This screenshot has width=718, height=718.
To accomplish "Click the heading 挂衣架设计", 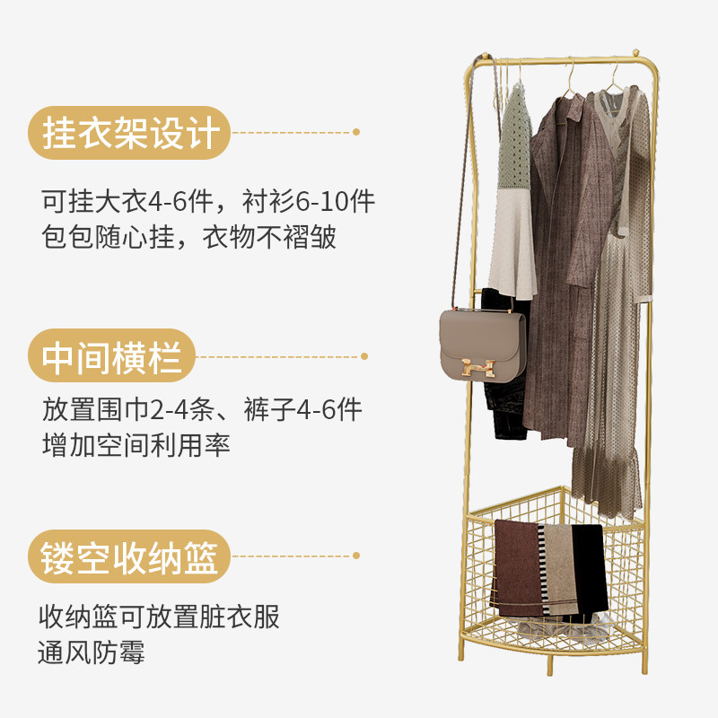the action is click(x=131, y=134).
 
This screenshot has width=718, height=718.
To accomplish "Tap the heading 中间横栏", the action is click(x=113, y=357).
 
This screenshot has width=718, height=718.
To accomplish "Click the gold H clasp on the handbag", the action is click(x=478, y=365).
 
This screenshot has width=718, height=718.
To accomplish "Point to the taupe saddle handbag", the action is click(x=480, y=346).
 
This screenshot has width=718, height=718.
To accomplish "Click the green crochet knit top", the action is click(x=515, y=144).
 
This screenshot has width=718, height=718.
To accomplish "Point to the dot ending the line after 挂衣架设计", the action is click(x=356, y=132).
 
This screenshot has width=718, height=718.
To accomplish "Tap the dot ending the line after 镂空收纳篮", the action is click(x=356, y=556).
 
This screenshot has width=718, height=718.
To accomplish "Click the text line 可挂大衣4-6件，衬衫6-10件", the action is click(x=208, y=201).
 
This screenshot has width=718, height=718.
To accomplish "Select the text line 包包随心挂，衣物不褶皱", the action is click(x=188, y=238).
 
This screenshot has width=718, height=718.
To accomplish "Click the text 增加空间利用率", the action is click(x=136, y=444).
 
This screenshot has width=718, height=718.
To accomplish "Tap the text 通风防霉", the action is click(x=92, y=652).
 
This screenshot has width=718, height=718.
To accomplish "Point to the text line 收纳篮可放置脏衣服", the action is click(x=160, y=617).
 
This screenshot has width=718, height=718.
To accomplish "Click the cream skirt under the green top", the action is click(x=512, y=242).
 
